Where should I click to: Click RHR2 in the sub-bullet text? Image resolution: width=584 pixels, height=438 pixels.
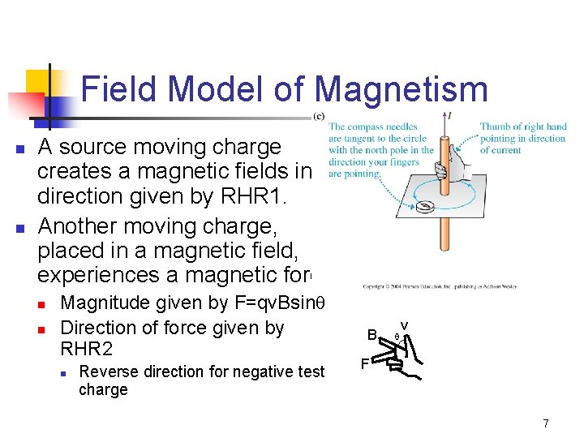86,349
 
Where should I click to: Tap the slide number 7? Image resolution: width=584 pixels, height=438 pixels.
546,423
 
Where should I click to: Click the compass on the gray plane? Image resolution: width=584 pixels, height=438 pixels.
424,208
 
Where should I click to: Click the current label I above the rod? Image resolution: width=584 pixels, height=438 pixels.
450,116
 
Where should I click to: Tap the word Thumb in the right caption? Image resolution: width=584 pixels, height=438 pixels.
495,127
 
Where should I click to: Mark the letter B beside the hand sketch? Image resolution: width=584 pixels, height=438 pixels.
371,335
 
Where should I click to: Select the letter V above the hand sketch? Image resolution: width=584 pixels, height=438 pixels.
404,326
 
